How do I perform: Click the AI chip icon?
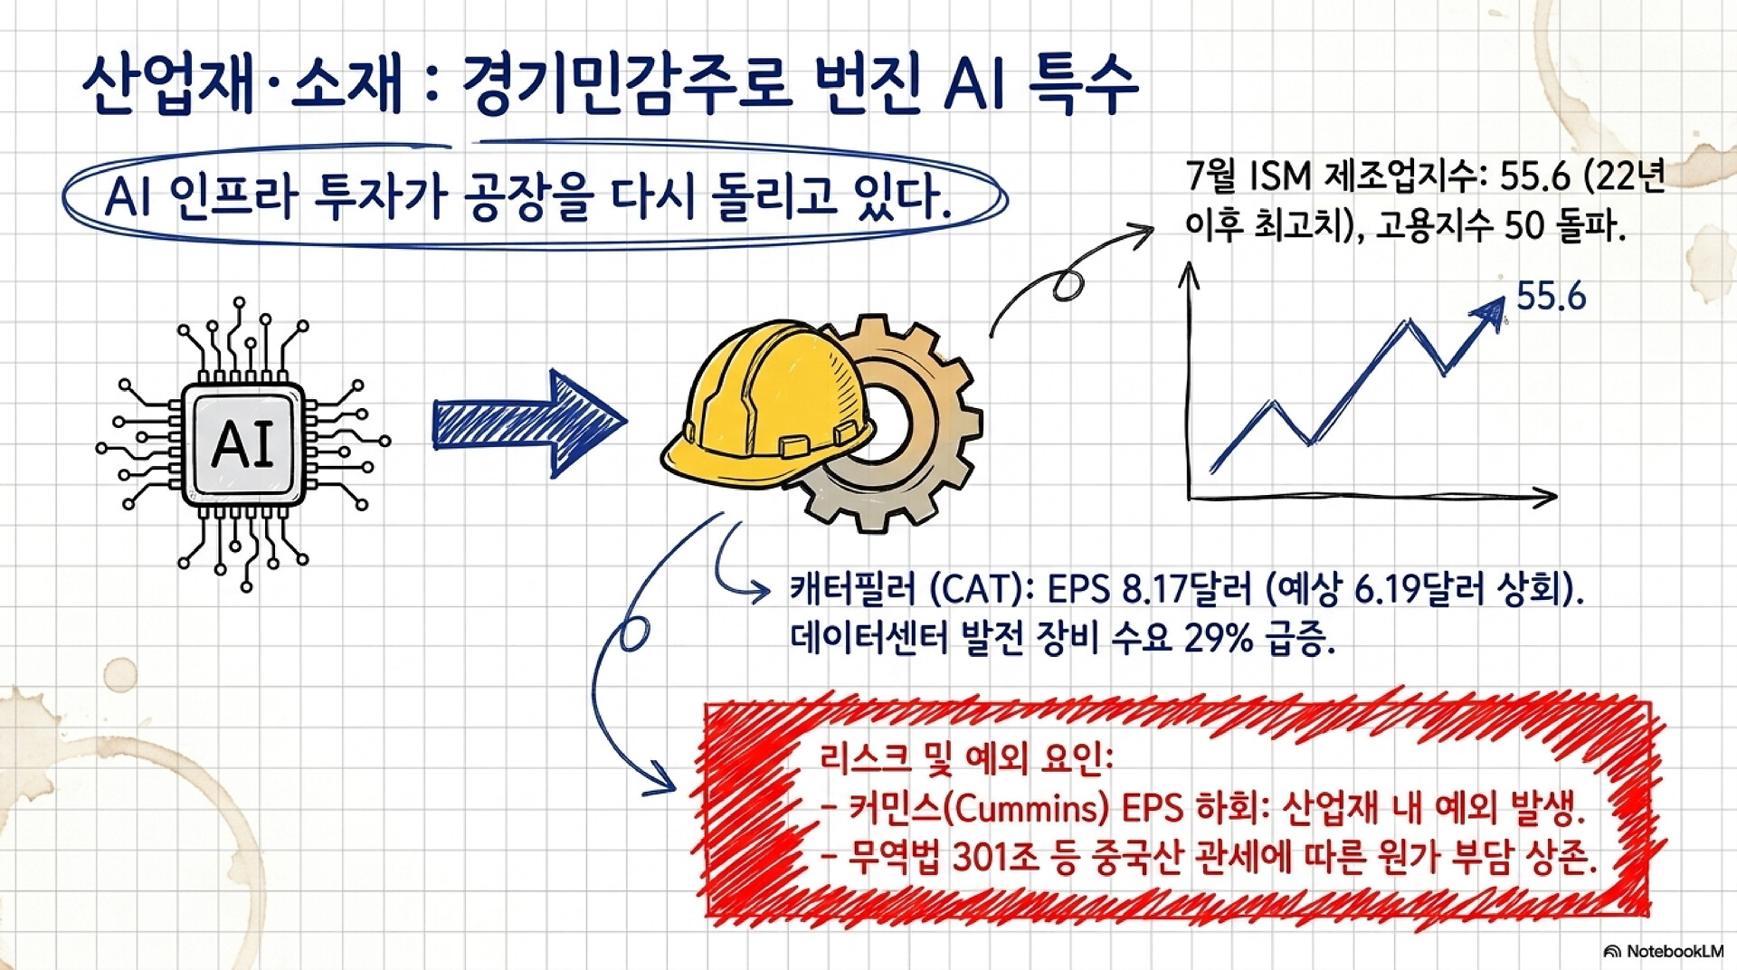[243, 443]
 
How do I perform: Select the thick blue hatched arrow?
[529, 423]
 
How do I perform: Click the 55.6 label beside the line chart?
[1551, 296]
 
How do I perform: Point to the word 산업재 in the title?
[167, 83]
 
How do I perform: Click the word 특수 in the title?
[1083, 83]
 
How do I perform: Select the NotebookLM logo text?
[1675, 951]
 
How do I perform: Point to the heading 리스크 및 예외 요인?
[966, 757]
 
